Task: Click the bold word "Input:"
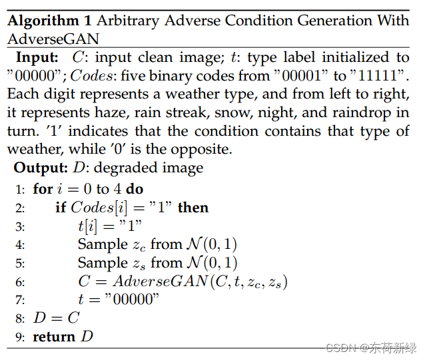pos(37,58)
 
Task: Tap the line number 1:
pos(21,190)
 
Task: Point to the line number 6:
pos(21,281)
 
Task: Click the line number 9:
pos(21,337)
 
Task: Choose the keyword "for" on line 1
pos(43,189)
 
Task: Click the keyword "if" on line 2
pos(60,208)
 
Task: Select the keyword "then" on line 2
pos(193,208)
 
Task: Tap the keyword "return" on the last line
pos(55,337)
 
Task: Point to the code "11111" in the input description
pos(380,76)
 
